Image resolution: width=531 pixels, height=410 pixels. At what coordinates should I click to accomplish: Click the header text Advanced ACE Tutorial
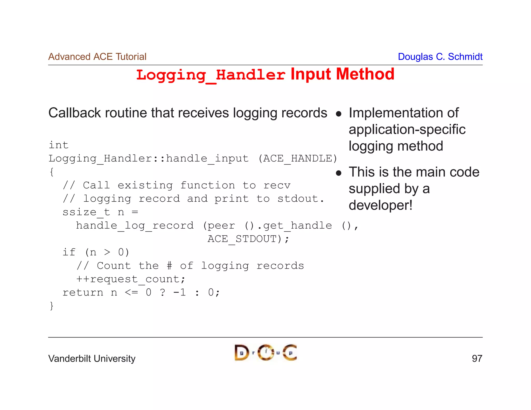[97, 57]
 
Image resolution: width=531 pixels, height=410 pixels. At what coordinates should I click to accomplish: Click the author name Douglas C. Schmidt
[440, 57]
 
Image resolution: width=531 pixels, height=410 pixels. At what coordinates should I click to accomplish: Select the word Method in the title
[365, 74]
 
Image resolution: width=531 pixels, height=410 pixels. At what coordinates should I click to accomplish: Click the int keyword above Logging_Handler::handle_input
[59, 145]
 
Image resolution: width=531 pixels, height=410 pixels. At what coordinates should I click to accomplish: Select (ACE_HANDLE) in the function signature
[298, 158]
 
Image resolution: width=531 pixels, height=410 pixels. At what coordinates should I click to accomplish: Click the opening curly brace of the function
[52, 172]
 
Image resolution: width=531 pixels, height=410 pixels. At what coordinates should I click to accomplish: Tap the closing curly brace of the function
[52, 306]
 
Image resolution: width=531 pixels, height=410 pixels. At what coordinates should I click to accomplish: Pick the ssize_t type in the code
[86, 212]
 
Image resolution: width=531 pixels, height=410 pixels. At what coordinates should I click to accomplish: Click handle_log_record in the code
[135, 226]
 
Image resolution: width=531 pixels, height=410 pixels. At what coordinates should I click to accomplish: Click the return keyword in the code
[83, 293]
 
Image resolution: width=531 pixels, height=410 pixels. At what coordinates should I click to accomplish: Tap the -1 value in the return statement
[179, 293]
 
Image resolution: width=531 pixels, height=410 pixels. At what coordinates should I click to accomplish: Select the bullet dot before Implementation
[338, 114]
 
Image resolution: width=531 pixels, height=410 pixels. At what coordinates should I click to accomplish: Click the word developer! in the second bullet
[380, 205]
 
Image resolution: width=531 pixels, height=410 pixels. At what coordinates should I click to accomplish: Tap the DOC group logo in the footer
[265, 353]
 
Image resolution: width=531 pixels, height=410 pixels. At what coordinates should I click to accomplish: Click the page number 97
[477, 359]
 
